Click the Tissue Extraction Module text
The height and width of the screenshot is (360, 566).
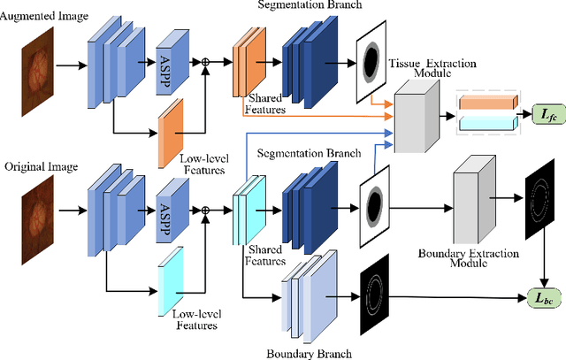[434, 67]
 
